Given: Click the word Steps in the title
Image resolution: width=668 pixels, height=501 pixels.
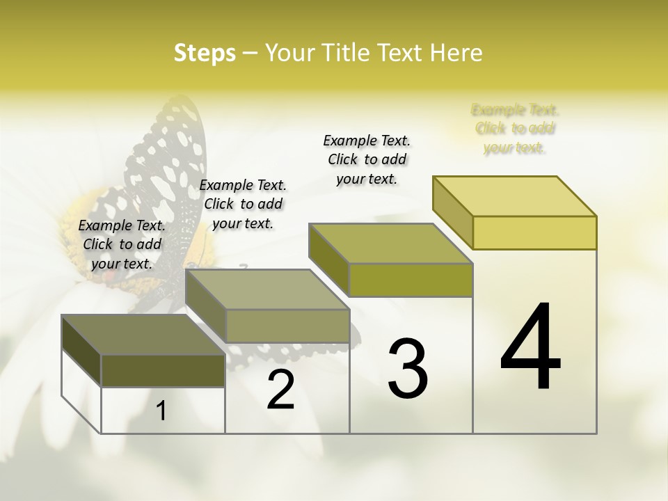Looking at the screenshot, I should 205,53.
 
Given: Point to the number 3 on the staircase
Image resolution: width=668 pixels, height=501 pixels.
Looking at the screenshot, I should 408,368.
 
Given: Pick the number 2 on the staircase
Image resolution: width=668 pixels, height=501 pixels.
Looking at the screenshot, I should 281,390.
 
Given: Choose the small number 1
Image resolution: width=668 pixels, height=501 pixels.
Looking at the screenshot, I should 161,411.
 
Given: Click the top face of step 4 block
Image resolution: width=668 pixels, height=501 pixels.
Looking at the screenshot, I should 515,196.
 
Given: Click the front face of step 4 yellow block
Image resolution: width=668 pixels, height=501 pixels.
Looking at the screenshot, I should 534,232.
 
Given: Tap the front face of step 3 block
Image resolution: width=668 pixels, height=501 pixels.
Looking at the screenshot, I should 411,280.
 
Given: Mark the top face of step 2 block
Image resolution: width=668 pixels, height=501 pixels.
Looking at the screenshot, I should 268,289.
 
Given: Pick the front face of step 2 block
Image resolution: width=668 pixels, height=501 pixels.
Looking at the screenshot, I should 287,326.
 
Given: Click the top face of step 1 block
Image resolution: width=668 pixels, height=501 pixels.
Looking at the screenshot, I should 143,335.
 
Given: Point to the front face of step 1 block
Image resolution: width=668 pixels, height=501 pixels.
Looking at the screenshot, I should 163,370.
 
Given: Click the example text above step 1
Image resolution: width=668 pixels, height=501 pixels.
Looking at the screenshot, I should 122,244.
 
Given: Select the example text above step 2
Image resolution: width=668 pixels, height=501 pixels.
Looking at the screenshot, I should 243,204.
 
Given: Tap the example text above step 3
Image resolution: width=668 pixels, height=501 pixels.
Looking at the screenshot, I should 367,159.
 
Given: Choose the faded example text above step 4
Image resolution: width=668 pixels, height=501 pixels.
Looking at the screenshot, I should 515,128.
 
